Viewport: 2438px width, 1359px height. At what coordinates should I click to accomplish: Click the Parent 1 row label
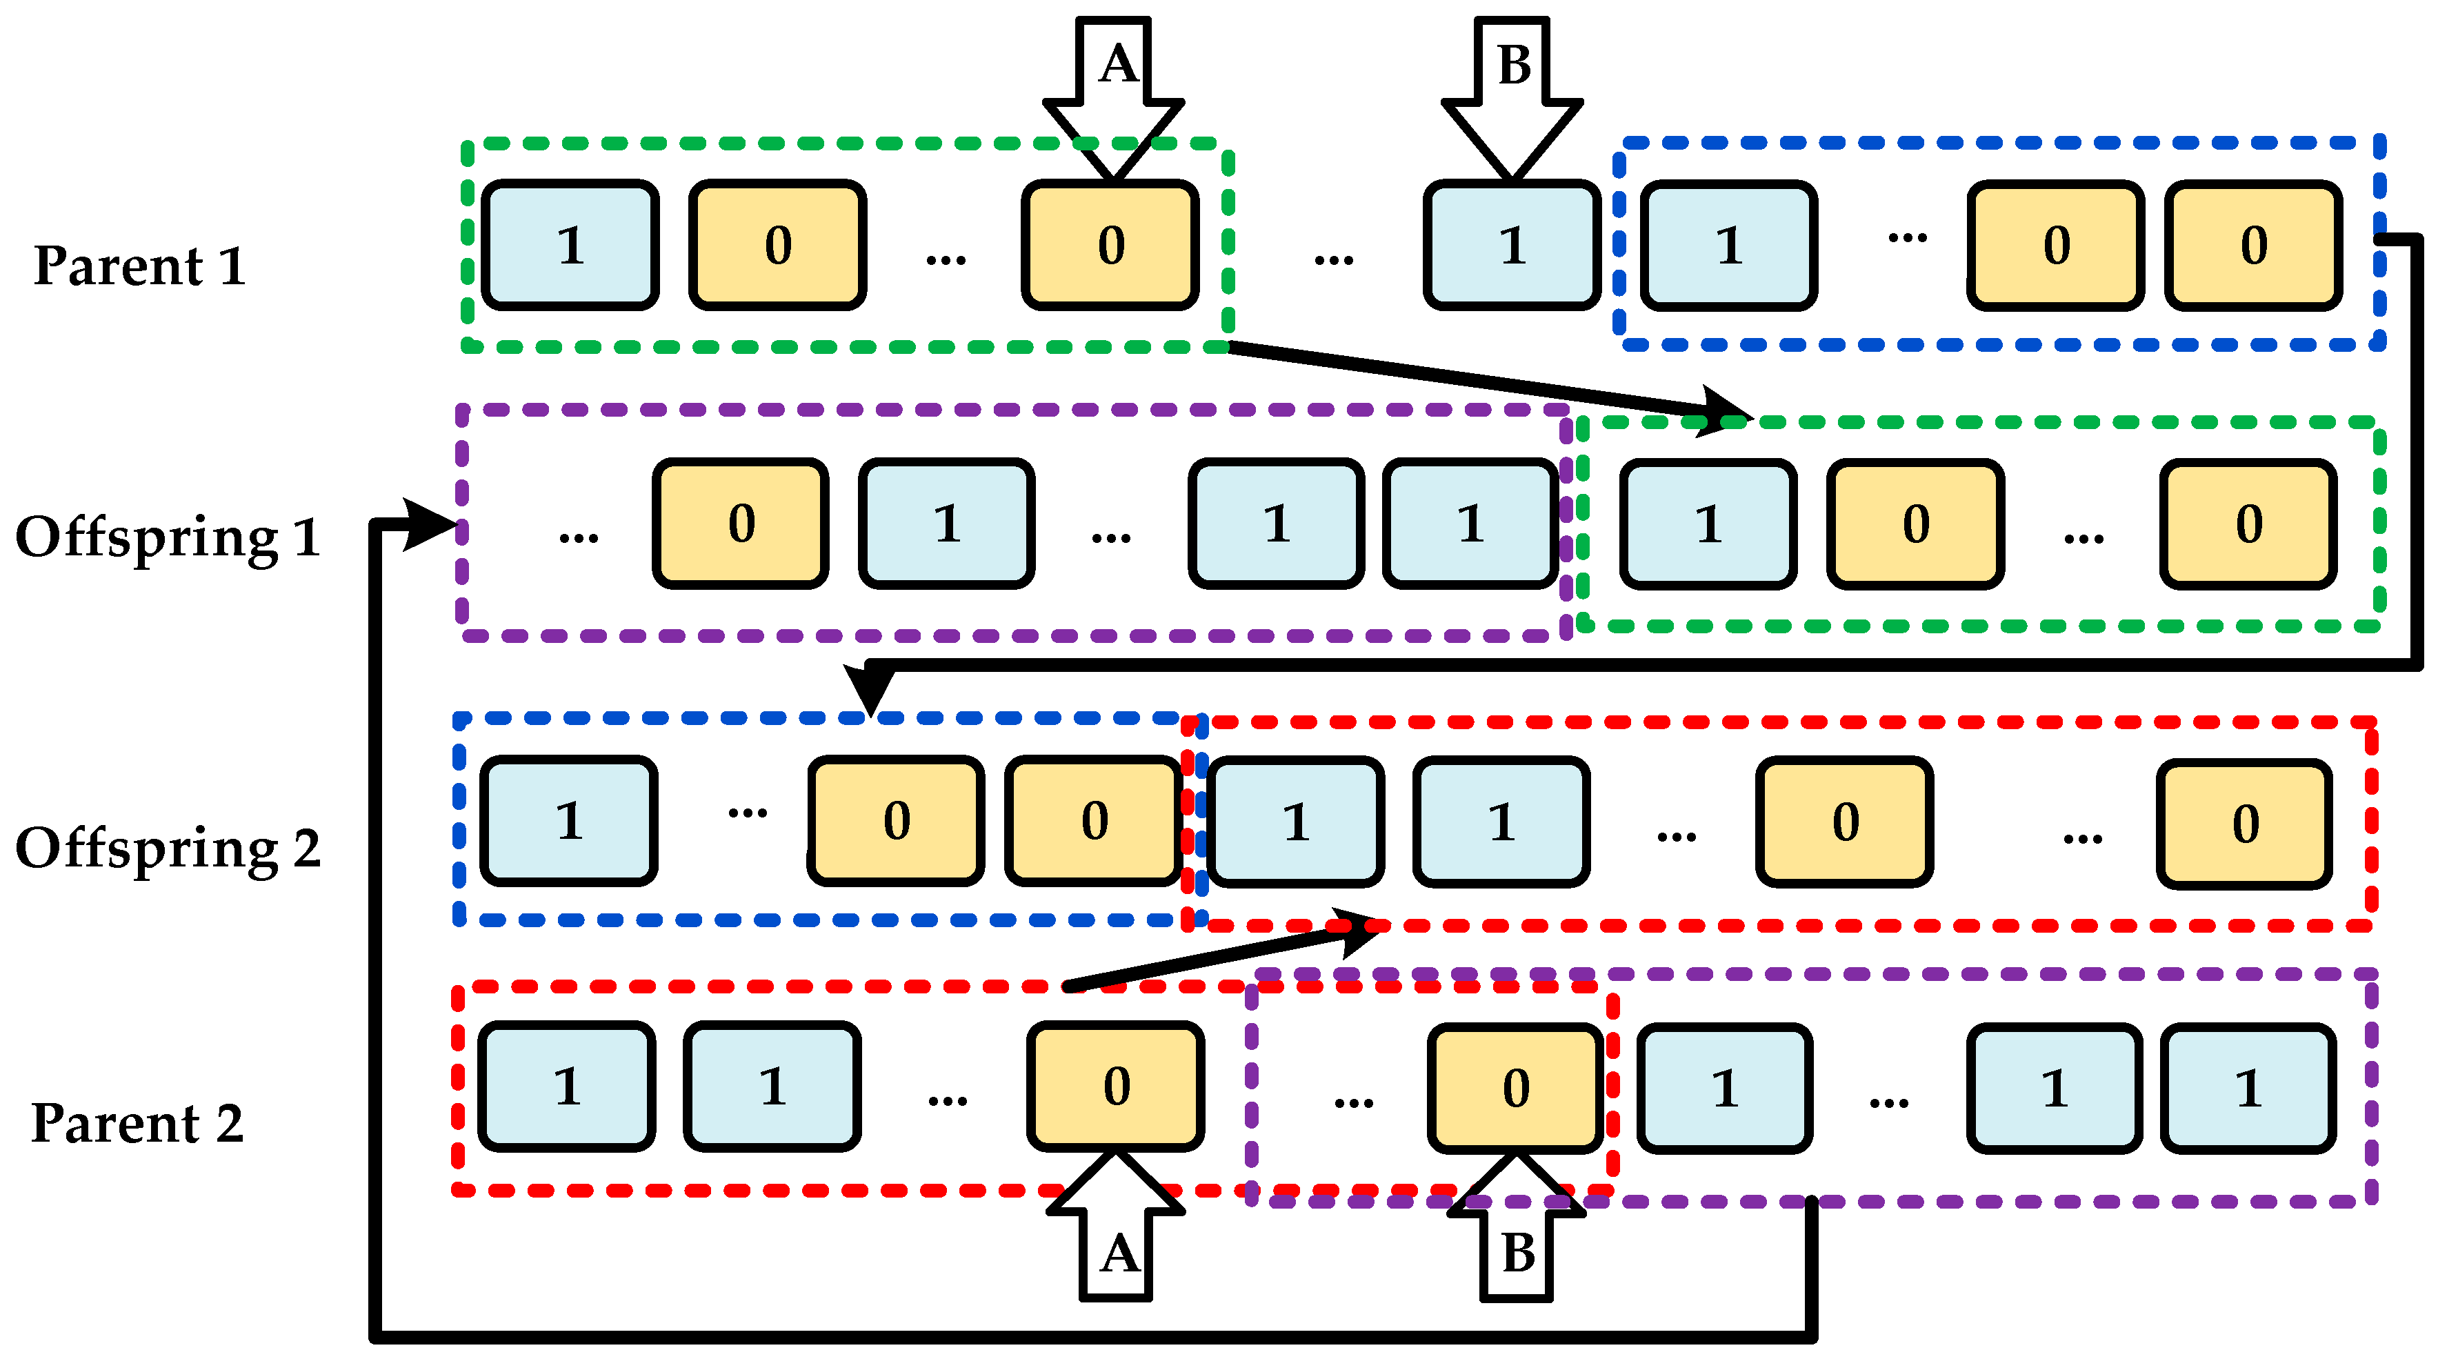tap(139, 266)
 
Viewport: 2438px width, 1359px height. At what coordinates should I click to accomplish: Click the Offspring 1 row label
tap(168, 537)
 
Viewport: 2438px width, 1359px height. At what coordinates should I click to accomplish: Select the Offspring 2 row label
tap(168, 848)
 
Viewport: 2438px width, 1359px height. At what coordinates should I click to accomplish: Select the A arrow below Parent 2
tap(1117, 1230)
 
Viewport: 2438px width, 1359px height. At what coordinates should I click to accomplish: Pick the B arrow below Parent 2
tap(1516, 1230)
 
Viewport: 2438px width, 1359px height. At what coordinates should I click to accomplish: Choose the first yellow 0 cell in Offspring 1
tap(741, 524)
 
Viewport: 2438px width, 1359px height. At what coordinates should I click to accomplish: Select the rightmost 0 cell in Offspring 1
tap(2248, 524)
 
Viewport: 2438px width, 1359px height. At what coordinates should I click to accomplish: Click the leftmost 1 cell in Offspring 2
tap(569, 820)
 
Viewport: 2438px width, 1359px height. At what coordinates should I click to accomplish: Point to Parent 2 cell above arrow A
tap(1116, 1086)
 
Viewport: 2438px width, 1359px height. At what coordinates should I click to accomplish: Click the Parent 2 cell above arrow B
tap(1515, 1087)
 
